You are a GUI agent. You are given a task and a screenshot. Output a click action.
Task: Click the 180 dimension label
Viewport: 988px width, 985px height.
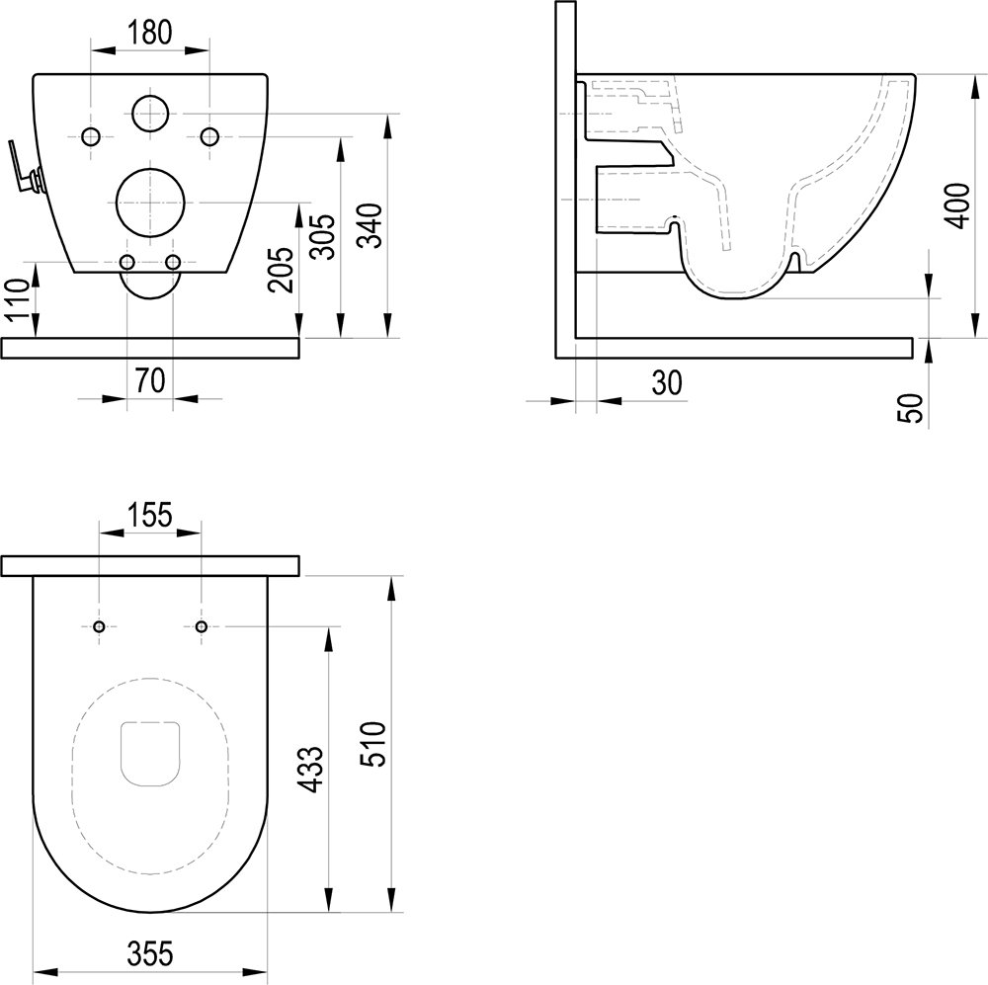coord(150,31)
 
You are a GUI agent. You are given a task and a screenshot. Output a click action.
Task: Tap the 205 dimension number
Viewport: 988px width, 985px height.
coord(282,268)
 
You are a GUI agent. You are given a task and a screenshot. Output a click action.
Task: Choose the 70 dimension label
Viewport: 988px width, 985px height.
coord(149,381)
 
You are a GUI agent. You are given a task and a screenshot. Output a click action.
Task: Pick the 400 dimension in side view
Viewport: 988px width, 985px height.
coord(955,204)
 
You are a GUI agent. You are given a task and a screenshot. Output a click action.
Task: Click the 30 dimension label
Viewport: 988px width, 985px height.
coord(667,383)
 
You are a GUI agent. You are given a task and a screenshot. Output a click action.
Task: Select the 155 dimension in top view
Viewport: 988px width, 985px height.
coord(150,514)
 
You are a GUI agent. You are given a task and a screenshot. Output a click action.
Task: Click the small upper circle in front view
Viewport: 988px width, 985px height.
coord(149,114)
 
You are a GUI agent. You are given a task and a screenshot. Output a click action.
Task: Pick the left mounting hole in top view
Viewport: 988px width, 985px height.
coord(99,626)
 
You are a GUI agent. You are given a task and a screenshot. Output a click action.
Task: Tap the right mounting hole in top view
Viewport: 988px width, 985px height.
coord(202,626)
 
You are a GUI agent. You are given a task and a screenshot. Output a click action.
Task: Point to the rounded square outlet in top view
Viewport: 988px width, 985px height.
coord(150,755)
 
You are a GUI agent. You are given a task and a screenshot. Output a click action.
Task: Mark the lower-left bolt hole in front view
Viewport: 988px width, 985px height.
coord(127,262)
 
